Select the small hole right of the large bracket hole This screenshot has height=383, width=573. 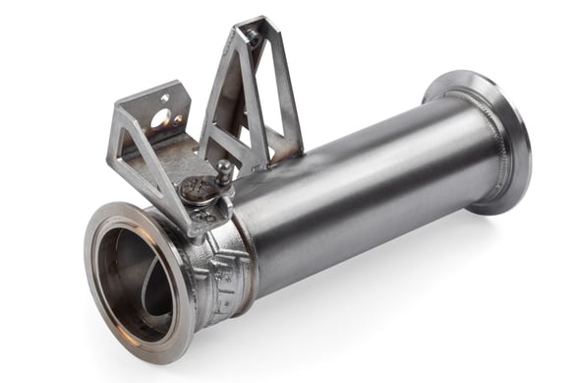click(x=178, y=123)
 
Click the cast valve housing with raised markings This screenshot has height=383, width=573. click(x=221, y=271)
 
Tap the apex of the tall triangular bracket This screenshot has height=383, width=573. click(x=258, y=24)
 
